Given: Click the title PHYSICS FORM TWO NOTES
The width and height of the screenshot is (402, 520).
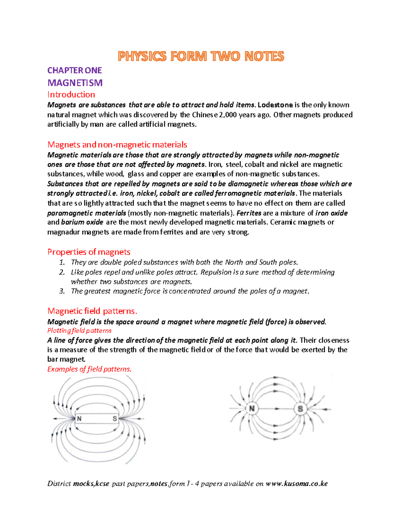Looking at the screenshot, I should [201, 56].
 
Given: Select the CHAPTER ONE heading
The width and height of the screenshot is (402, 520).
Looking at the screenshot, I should [74, 70].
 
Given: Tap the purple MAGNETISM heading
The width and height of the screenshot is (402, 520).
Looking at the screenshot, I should [75, 83].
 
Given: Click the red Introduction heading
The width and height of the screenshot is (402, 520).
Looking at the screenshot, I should [71, 94].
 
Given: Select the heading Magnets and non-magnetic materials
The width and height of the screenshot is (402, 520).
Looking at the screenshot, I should [117, 145].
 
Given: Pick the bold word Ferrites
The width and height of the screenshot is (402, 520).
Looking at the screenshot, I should [249, 213].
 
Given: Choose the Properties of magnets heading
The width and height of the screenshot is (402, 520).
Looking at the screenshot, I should [89, 252].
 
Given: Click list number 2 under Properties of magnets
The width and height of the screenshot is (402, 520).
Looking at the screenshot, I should [62, 272].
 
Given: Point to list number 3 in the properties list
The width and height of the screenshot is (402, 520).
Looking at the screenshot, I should [62, 291].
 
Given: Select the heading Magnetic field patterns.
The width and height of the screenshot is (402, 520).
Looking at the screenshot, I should [92, 311].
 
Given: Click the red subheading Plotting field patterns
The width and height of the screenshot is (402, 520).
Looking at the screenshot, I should [79, 331].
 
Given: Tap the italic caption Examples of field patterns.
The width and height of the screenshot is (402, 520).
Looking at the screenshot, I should [89, 369].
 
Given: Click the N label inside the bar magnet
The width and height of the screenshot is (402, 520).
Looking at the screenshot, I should [79, 419].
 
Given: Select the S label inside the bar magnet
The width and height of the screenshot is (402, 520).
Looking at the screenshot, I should [115, 419].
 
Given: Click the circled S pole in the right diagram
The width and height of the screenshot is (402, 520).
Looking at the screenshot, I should [300, 409].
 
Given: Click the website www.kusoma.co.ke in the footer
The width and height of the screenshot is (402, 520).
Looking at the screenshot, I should [296, 484].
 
